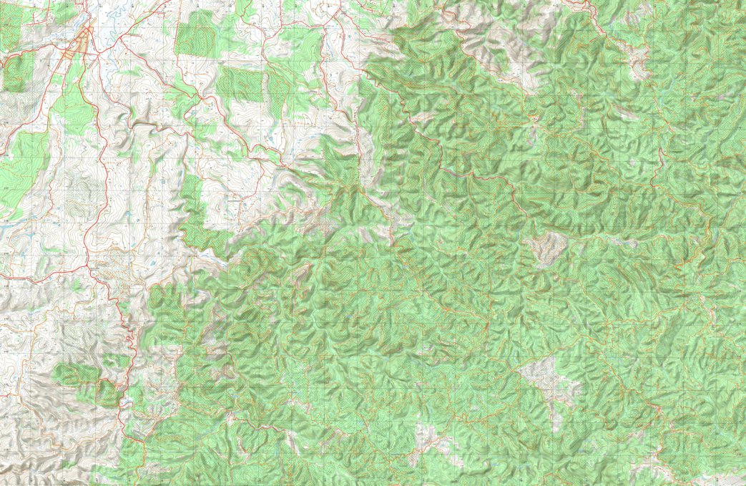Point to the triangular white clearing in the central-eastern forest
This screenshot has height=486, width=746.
tap(546, 248)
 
